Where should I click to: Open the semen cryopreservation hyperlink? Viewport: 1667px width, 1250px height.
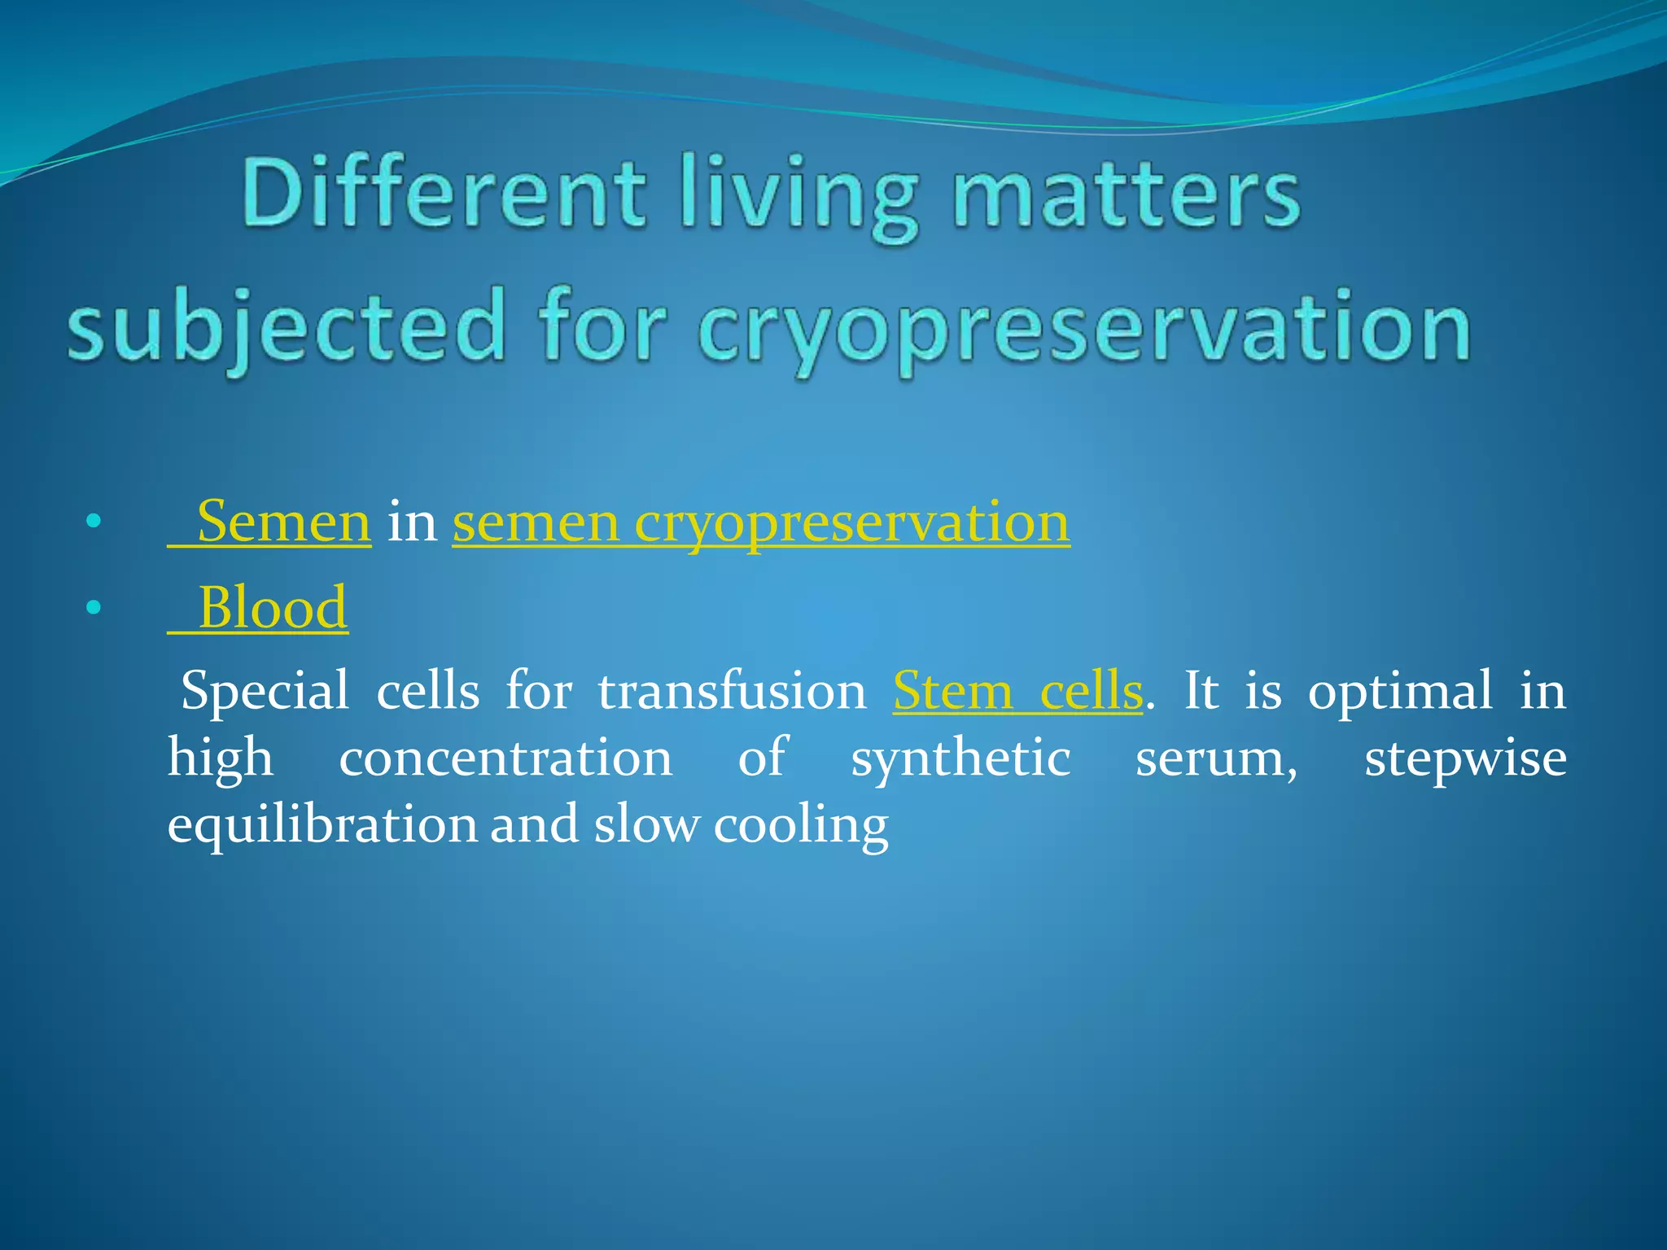761,522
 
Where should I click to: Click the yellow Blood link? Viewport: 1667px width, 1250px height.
272,608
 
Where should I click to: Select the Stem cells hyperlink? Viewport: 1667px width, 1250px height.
1017,691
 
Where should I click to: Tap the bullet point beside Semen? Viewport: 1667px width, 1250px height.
94,522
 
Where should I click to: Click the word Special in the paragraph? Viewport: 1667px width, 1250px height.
264,691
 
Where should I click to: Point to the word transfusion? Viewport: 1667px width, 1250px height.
732,691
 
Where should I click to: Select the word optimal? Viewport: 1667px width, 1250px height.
1400,691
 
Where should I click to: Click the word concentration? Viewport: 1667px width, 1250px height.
505,758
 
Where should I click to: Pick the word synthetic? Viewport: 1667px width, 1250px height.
960,758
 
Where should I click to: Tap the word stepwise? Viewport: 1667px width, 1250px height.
1465,758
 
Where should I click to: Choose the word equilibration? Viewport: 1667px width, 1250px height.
322,825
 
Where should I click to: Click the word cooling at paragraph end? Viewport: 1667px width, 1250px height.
801,825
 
